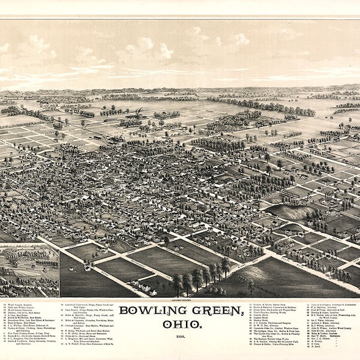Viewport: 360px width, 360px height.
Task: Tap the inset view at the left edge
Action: pos(29,270)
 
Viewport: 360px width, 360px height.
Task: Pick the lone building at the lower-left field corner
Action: pos(88,266)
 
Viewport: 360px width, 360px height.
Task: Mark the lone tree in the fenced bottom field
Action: pos(251,287)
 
